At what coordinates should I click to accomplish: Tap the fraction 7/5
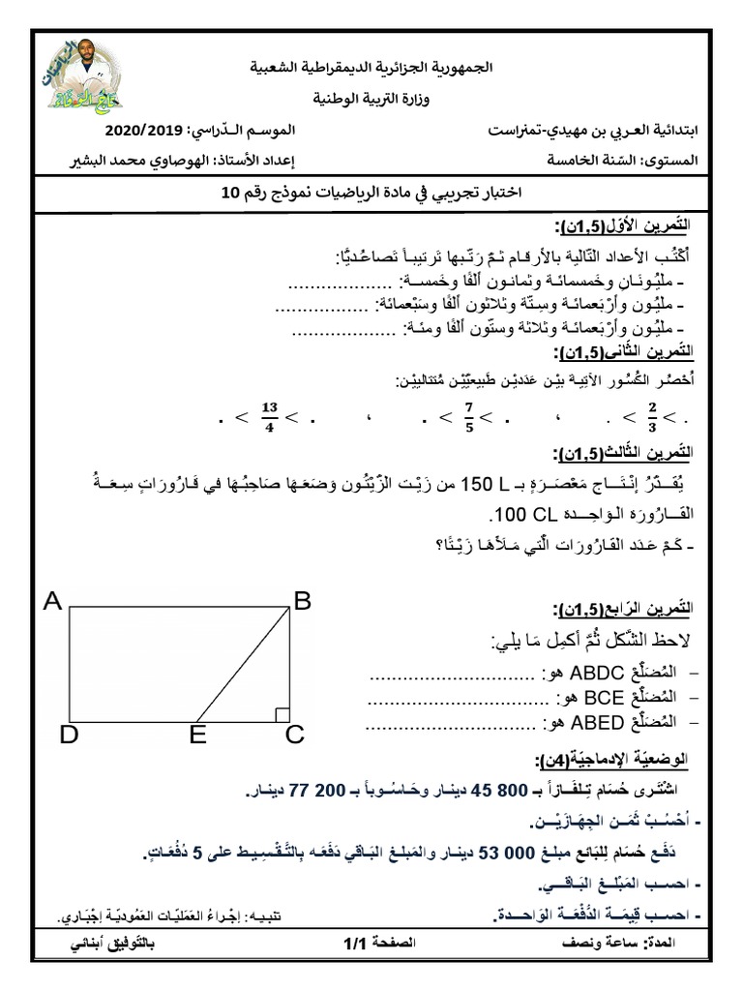tap(467, 417)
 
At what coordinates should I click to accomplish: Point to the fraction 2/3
tap(652, 417)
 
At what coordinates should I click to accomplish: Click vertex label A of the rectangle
tap(52, 602)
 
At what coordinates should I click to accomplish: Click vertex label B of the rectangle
tap(302, 602)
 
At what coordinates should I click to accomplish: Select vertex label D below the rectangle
tap(68, 736)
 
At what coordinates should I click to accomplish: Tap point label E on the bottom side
tap(198, 736)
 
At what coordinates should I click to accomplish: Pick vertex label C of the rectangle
tap(294, 736)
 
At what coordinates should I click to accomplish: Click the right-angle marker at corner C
tap(282, 714)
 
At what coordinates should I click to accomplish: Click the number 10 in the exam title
tap(228, 194)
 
